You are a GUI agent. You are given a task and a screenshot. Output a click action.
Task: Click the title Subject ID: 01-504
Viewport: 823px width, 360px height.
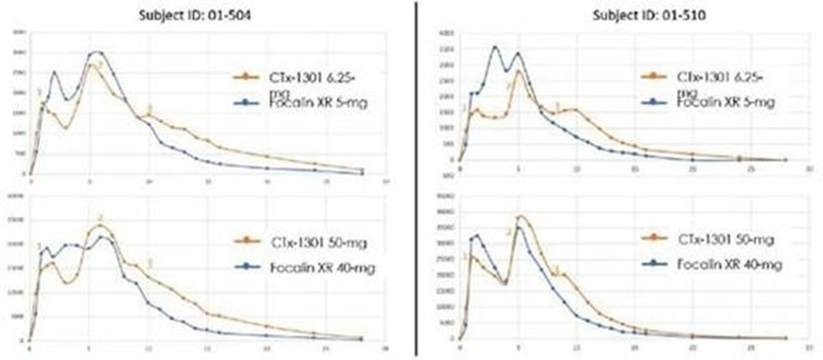pyautogui.click(x=195, y=15)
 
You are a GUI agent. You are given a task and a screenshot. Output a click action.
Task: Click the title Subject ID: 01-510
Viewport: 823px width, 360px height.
pyautogui.click(x=649, y=15)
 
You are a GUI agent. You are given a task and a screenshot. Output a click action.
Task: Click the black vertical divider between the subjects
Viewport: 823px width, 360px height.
pyautogui.click(x=416, y=178)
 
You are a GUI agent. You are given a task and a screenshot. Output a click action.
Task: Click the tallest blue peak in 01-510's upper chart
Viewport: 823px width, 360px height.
pyautogui.click(x=495, y=47)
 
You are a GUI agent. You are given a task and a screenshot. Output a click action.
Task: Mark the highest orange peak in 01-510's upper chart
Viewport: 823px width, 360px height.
pyautogui.click(x=519, y=70)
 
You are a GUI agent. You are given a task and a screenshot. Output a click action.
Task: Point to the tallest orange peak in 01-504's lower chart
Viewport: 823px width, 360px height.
pyautogui.click(x=100, y=225)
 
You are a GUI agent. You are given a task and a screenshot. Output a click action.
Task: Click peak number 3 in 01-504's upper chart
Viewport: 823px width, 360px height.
pyautogui.click(x=149, y=109)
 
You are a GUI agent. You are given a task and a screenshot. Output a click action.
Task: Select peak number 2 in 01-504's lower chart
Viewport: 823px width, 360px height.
pyautogui.click(x=100, y=218)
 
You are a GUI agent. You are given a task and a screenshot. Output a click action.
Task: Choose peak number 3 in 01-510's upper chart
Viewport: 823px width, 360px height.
pyautogui.click(x=558, y=106)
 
